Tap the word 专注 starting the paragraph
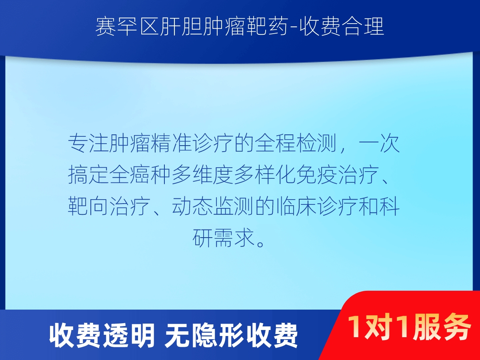(x=89, y=143)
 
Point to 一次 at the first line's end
(x=380, y=143)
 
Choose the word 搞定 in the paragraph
(x=89, y=175)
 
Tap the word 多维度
(x=203, y=175)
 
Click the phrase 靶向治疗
(x=109, y=206)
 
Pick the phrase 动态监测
(x=213, y=206)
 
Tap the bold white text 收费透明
(x=102, y=336)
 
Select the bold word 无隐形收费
(x=231, y=336)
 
